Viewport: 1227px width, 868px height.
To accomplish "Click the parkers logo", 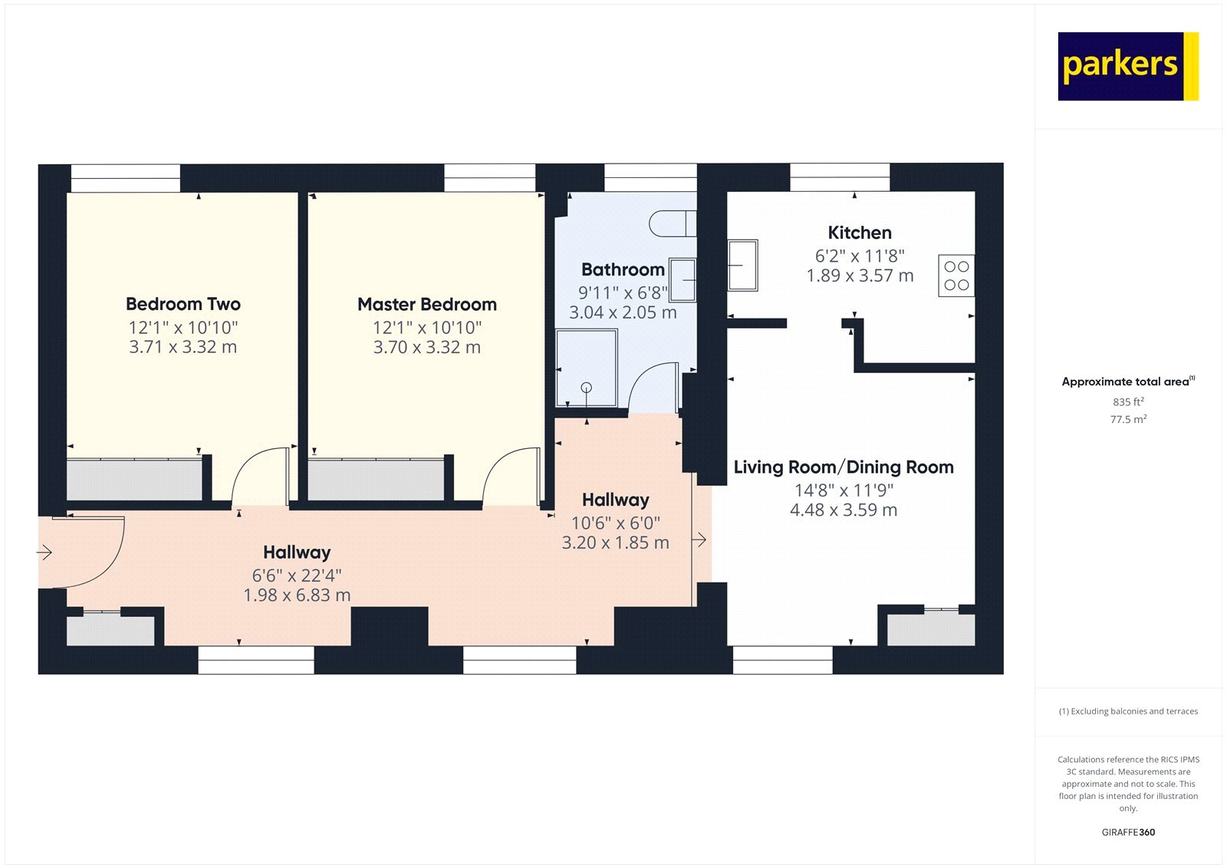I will [1127, 66].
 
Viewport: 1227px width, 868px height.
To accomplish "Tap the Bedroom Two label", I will [183, 304].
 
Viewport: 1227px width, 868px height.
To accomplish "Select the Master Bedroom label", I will [426, 305].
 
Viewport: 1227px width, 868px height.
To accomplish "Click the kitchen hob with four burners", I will [956, 276].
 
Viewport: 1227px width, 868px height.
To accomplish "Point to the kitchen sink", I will [742, 266].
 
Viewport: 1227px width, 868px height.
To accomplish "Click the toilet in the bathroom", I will [672, 223].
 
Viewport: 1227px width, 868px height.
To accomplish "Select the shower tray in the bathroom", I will [586, 368].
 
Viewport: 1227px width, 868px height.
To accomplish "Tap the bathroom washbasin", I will [683, 280].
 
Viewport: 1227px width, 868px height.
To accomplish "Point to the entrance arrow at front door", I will [44, 552].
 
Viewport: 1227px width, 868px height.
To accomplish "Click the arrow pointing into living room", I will [699, 540].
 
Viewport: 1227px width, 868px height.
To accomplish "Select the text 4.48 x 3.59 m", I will [843, 510].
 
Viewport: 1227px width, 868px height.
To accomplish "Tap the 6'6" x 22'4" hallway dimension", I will [297, 575].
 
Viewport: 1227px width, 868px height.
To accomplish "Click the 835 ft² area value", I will [1128, 402].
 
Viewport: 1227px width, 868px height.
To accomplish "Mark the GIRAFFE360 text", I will [1128, 832].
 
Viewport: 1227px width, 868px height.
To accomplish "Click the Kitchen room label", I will [859, 233].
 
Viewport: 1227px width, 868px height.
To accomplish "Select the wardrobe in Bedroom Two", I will [134, 480].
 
